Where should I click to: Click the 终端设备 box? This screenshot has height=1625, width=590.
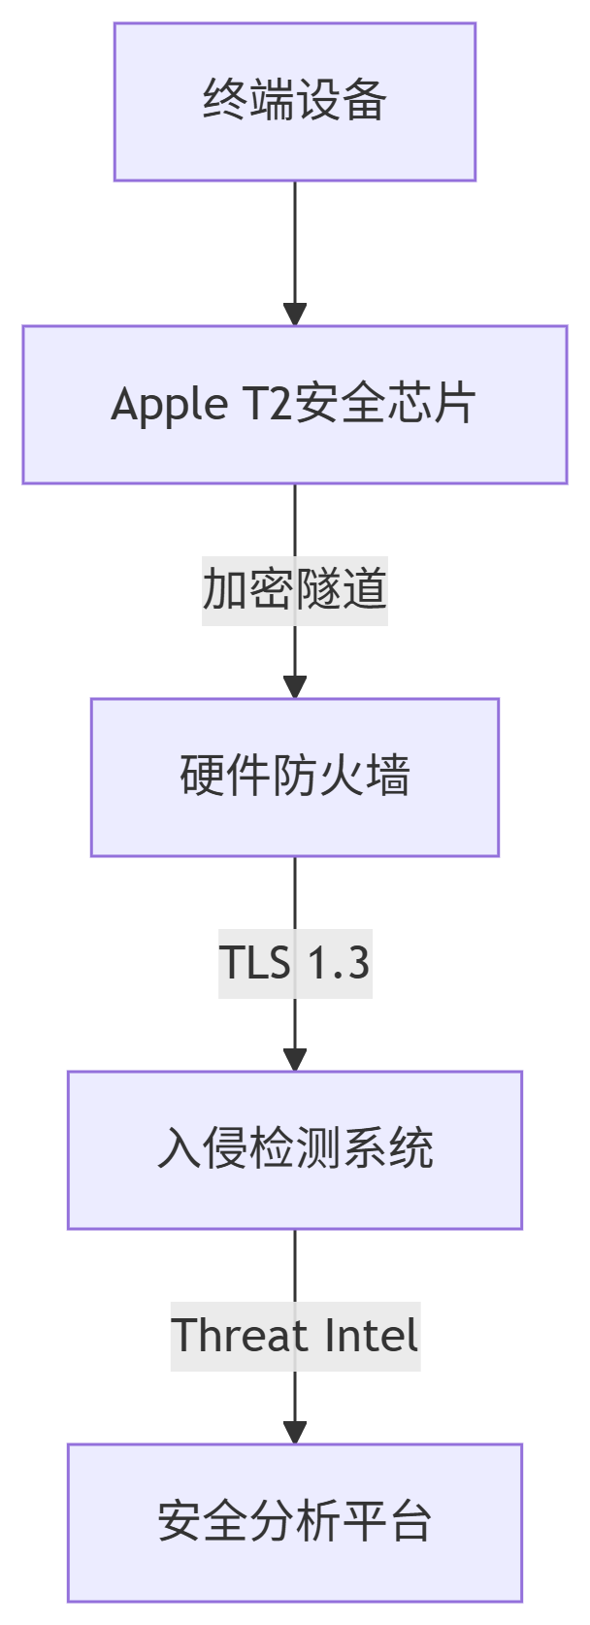click(x=294, y=102)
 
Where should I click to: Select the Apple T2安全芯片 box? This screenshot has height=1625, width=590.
click(x=294, y=405)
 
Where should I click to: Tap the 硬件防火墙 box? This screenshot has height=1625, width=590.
click(x=294, y=777)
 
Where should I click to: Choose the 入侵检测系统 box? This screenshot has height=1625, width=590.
click(x=294, y=1149)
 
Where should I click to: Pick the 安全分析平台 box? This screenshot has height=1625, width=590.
click(x=294, y=1522)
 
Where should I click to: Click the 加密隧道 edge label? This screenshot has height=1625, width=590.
click(x=294, y=590)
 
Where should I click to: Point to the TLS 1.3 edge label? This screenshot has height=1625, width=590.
click(x=294, y=963)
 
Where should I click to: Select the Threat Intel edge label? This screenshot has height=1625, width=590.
click(x=294, y=1336)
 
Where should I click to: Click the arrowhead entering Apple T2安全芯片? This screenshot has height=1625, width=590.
click(x=294, y=315)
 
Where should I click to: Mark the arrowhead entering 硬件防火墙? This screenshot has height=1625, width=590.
click(x=294, y=687)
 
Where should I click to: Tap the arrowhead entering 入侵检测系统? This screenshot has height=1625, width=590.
click(x=294, y=1060)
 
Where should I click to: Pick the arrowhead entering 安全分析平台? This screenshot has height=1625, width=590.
click(x=294, y=1433)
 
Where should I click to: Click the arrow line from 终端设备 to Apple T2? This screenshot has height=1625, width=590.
click(x=294, y=243)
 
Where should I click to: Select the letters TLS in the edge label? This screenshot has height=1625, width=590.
click(x=255, y=963)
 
